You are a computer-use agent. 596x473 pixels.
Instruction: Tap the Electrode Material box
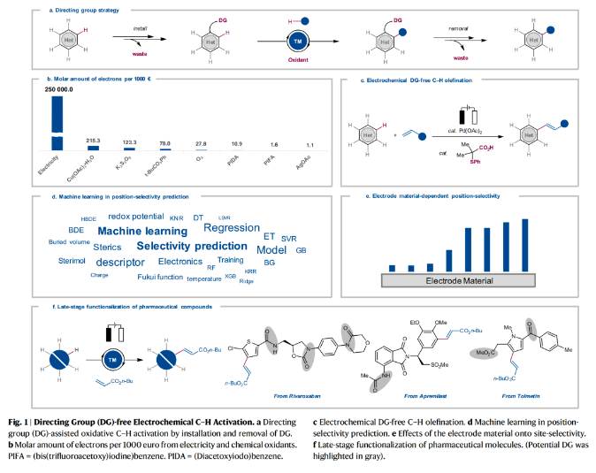458,280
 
